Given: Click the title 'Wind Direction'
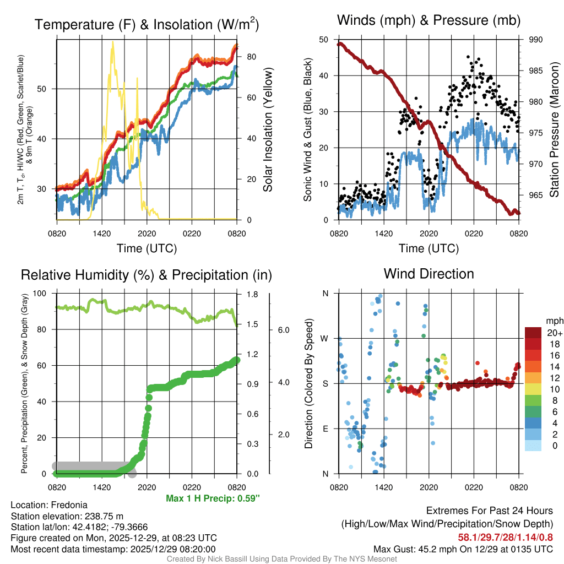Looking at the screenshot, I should tap(429, 274).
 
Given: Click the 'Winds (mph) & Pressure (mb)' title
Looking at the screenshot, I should tap(429, 21).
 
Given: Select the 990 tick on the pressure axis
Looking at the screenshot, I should tap(536, 40).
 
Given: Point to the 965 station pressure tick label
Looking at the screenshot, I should tap(536, 195).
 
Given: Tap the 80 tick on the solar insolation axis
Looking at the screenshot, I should tap(250, 57).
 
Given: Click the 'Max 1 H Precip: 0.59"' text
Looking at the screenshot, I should tap(213, 498).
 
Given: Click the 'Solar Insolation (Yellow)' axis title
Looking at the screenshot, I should tap(268, 130).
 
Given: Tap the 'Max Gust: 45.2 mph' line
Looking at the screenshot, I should tap(463, 549).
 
